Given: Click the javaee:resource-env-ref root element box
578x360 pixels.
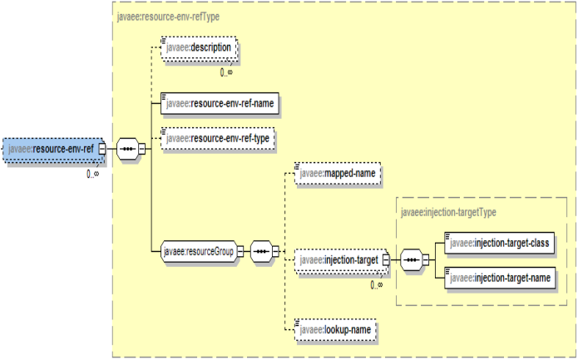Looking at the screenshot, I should click(x=51, y=149).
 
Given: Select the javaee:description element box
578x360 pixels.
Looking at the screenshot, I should click(x=199, y=49).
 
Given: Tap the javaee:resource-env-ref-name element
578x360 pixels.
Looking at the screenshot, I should click(x=219, y=104).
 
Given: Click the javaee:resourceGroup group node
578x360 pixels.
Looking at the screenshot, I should click(x=197, y=250).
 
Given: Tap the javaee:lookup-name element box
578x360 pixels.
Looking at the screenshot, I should click(x=337, y=330).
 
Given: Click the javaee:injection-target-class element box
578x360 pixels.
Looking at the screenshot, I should click(x=499, y=242).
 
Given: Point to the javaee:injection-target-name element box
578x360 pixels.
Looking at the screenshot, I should click(x=499, y=277).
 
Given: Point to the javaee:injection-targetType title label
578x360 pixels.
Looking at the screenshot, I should click(x=448, y=212).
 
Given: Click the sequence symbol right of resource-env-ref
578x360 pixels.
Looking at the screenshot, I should click(x=128, y=150).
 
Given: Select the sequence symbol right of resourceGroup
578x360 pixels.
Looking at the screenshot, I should click(x=261, y=250).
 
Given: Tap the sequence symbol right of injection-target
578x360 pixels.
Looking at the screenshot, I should click(x=411, y=260).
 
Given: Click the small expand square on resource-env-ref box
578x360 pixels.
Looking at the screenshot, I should click(x=102, y=149).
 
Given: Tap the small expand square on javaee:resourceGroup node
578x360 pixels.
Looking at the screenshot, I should click(x=240, y=250).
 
